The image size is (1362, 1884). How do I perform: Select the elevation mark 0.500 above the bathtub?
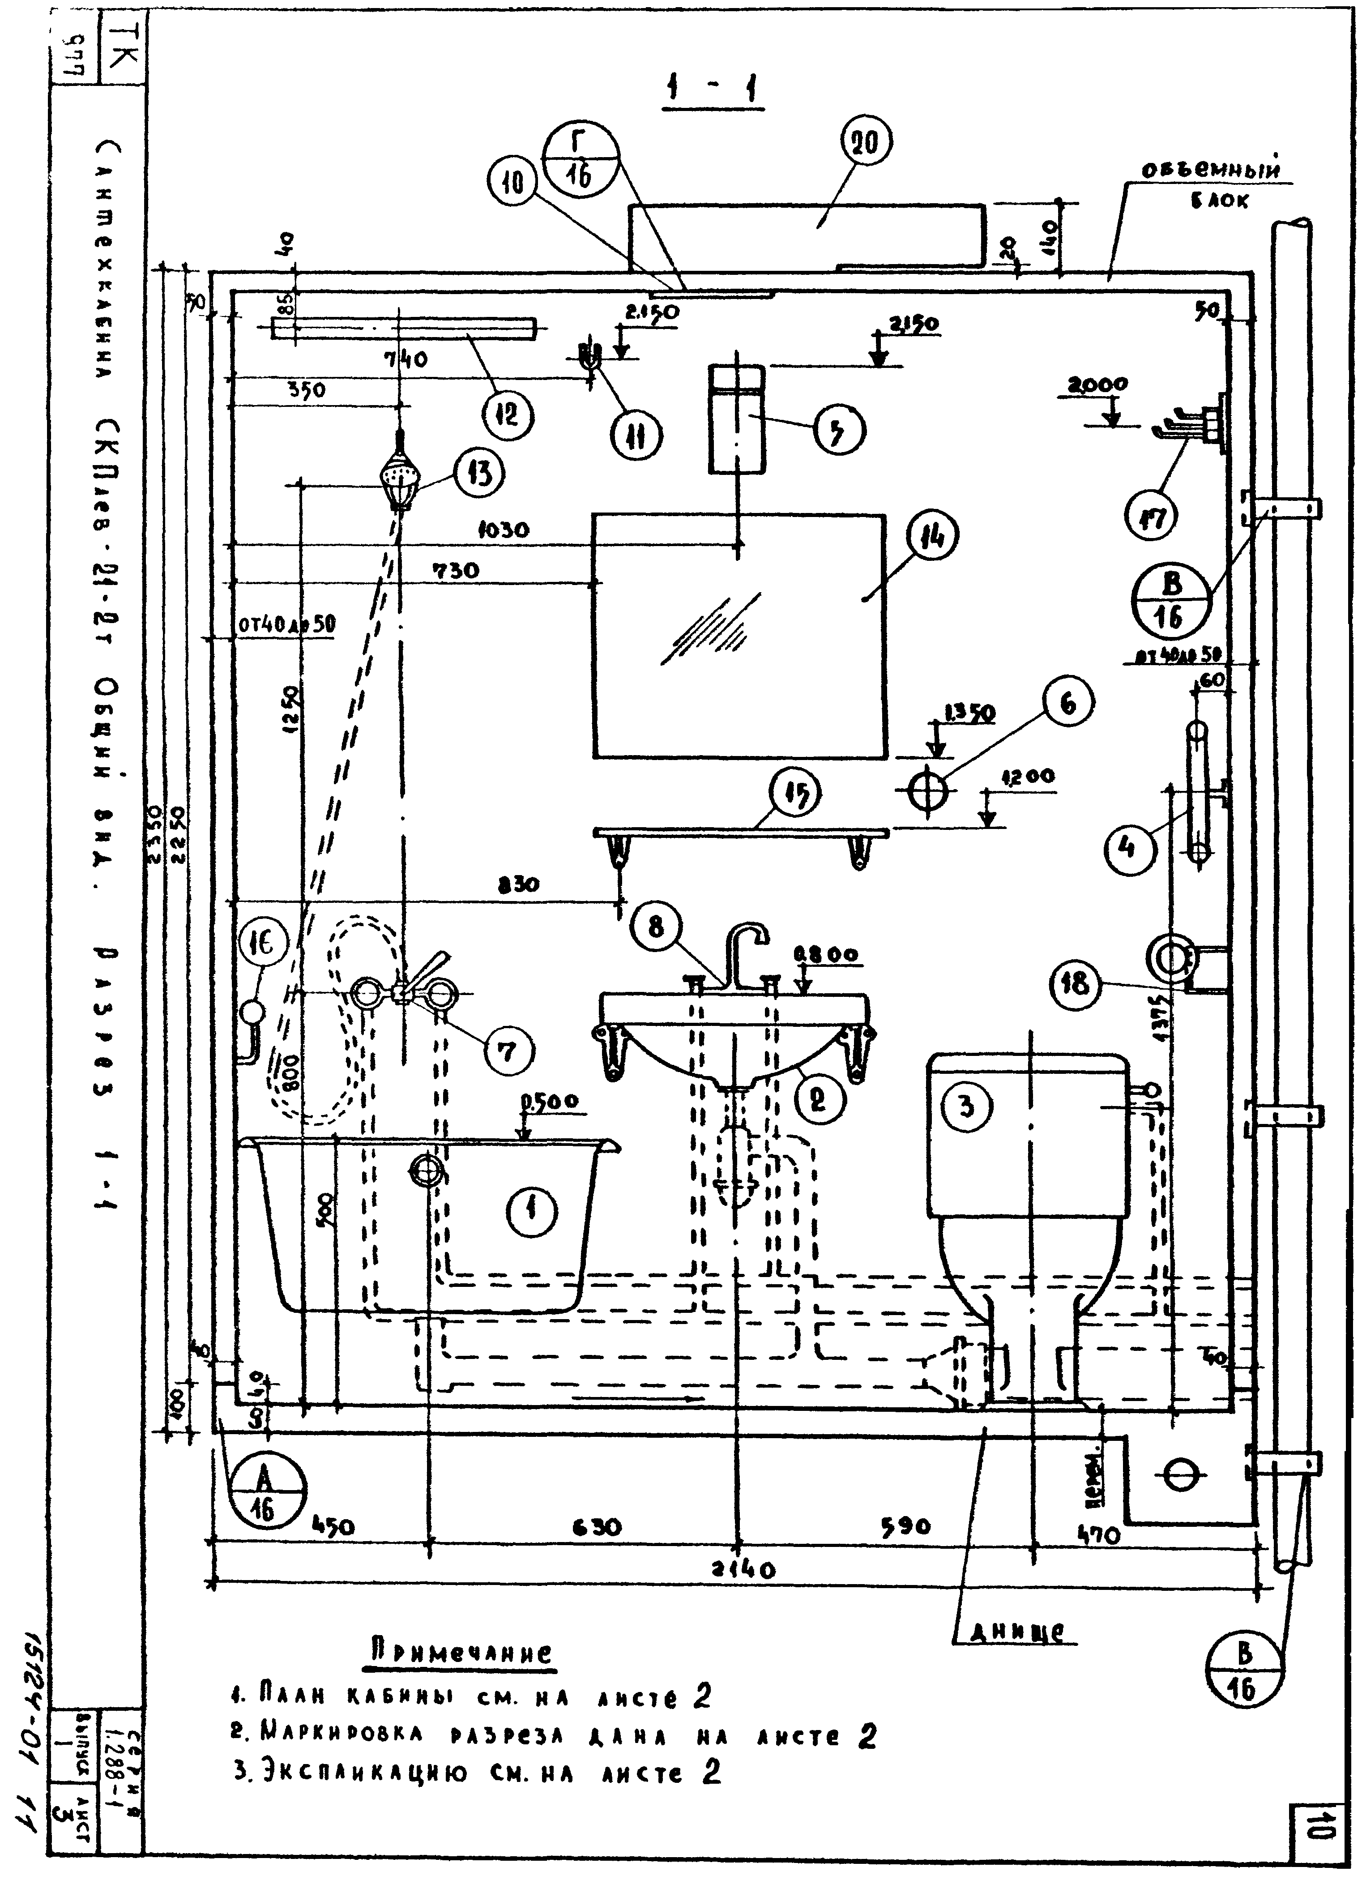(x=551, y=1102)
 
